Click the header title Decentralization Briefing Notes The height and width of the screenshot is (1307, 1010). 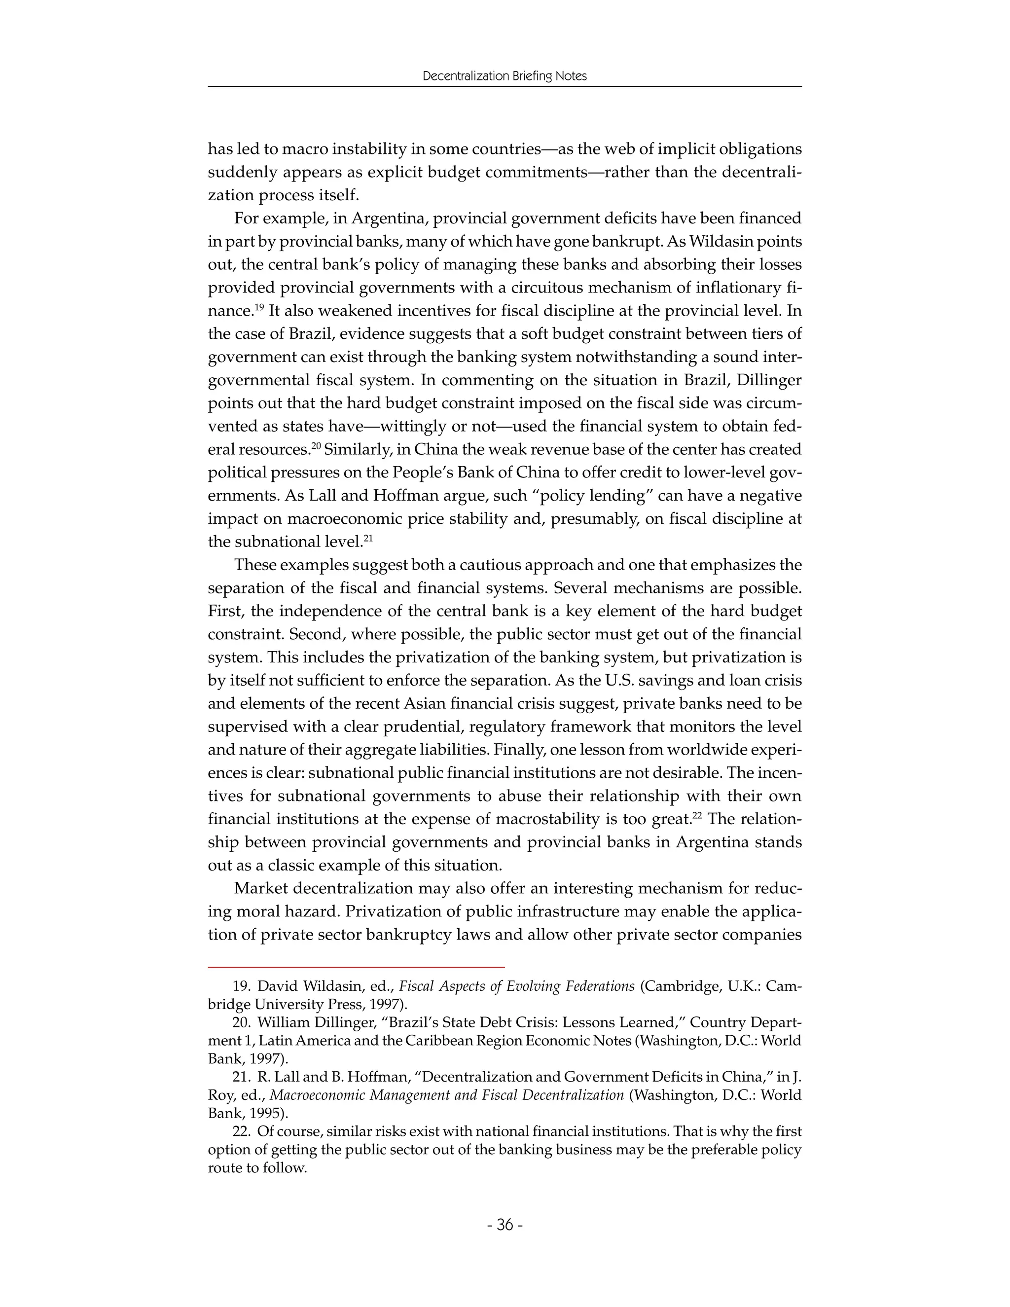(505, 76)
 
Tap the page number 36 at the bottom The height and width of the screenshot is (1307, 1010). (505, 1225)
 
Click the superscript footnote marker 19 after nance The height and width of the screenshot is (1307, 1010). (258, 307)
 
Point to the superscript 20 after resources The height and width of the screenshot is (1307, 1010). (316, 445)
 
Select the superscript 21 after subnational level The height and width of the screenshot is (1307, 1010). (368, 538)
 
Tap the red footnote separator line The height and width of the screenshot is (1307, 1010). (356, 967)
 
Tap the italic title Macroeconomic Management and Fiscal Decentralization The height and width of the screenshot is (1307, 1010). (447, 1095)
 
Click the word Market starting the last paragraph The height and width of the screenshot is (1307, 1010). (261, 888)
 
